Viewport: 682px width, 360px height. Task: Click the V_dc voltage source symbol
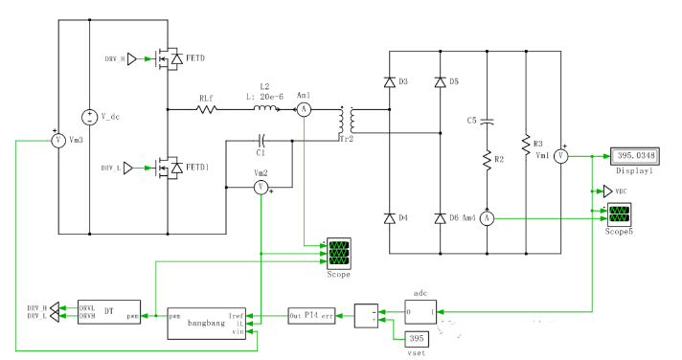[89, 117]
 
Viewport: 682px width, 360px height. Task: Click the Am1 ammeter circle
[304, 110]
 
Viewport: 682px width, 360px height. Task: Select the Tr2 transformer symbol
[348, 122]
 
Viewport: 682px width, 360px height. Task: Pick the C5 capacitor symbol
[488, 122]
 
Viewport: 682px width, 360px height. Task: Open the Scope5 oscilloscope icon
[619, 212]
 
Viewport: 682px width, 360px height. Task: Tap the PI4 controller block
[312, 313]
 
